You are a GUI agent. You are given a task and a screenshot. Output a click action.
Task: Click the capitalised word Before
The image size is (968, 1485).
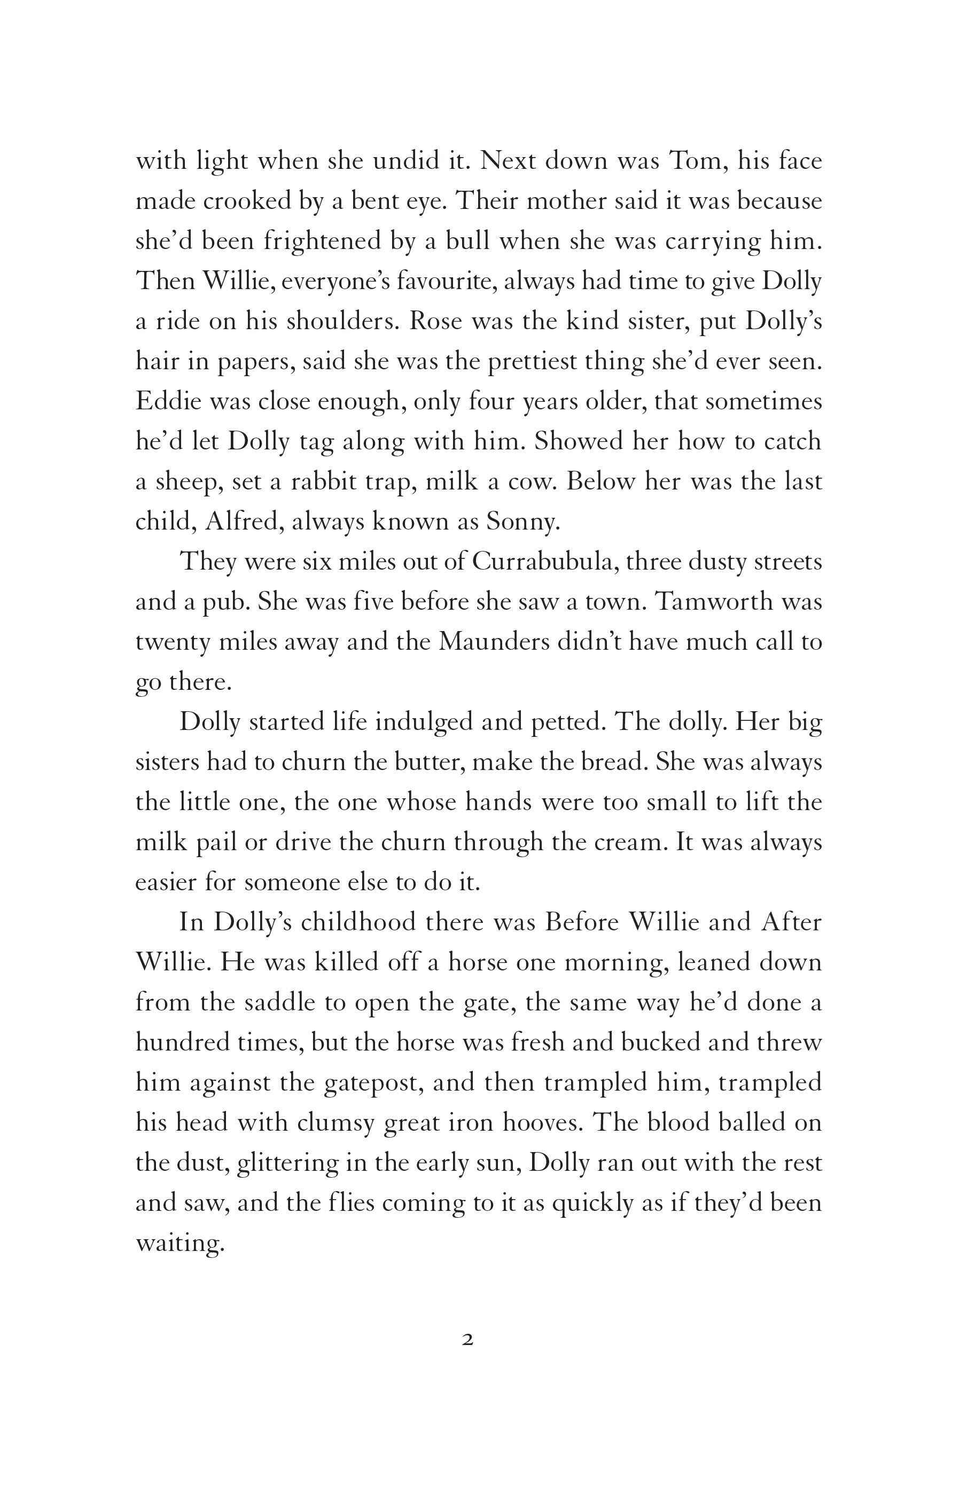pyautogui.click(x=582, y=922)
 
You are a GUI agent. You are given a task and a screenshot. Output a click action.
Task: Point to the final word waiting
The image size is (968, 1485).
pyautogui.click(x=179, y=1243)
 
